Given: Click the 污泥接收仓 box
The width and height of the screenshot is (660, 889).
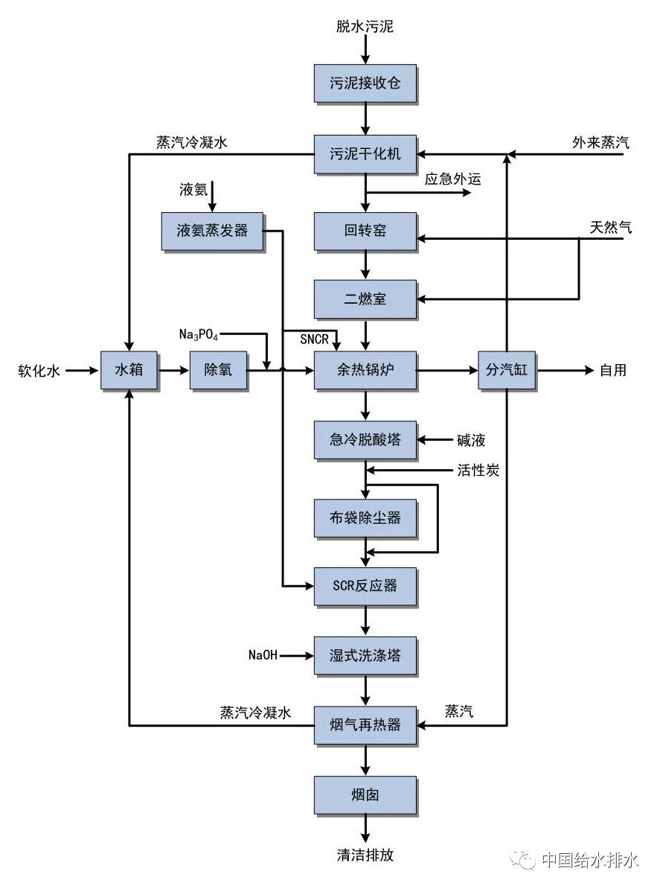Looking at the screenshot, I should [365, 83].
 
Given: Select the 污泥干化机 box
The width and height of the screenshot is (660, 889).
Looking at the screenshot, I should [365, 154].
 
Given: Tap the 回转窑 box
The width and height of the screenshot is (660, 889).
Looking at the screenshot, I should [365, 231].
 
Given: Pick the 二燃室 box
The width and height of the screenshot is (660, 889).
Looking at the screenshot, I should [365, 299].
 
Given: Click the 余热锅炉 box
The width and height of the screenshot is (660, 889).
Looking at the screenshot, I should [365, 369].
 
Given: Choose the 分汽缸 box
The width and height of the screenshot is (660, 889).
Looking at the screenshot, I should [507, 369].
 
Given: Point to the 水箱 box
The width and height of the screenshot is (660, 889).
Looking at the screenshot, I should [129, 369].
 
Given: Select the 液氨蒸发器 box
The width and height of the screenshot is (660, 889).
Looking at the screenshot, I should [212, 231].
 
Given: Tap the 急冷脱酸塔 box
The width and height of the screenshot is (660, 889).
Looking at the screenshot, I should [365, 440].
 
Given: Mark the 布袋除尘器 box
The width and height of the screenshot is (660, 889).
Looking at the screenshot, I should [365, 517].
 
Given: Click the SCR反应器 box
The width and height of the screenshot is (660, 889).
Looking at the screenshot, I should [365, 586].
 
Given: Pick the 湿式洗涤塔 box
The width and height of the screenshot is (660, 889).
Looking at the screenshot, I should [365, 656].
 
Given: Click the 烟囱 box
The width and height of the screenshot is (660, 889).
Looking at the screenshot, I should [365, 794].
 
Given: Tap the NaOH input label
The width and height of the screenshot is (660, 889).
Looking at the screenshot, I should [263, 656].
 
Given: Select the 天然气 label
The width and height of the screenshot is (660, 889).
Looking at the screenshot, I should [611, 228].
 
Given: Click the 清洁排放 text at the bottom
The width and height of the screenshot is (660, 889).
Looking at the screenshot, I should [365, 855].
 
